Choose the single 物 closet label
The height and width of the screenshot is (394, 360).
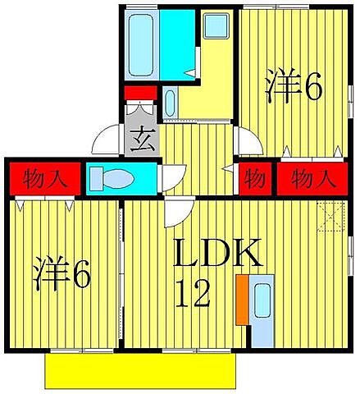tap(256, 177)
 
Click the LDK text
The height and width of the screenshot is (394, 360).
tap(216, 256)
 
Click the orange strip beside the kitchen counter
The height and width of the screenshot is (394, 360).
tap(242, 300)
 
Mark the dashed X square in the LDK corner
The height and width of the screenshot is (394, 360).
tap(331, 215)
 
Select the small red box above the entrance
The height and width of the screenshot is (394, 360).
tap(140, 92)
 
